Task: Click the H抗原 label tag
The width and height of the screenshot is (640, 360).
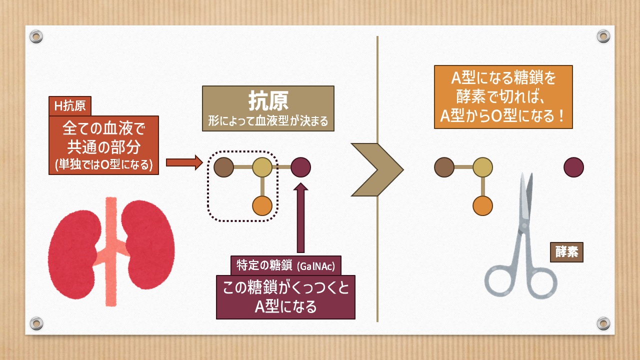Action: pyautogui.click(x=70, y=105)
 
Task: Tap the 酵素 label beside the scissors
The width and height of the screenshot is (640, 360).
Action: pyautogui.click(x=566, y=252)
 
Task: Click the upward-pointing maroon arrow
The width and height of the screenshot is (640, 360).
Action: pyautogui.click(x=300, y=217)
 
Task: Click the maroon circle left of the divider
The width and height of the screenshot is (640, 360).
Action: pyautogui.click(x=300, y=167)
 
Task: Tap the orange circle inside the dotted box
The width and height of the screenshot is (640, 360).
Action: pyautogui.click(x=262, y=205)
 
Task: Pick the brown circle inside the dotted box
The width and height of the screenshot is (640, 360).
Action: pyautogui.click(x=223, y=167)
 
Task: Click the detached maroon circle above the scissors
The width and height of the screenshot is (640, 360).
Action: pyautogui.click(x=573, y=167)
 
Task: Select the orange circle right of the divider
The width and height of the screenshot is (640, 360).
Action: pyautogui.click(x=483, y=205)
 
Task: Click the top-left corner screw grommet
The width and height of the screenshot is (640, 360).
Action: pyautogui.click(x=36, y=36)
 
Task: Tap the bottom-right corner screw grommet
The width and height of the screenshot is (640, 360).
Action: pyautogui.click(x=603, y=323)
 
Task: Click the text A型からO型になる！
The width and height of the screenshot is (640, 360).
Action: pyautogui.click(x=502, y=116)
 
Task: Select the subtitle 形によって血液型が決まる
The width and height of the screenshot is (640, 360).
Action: pyautogui.click(x=268, y=121)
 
